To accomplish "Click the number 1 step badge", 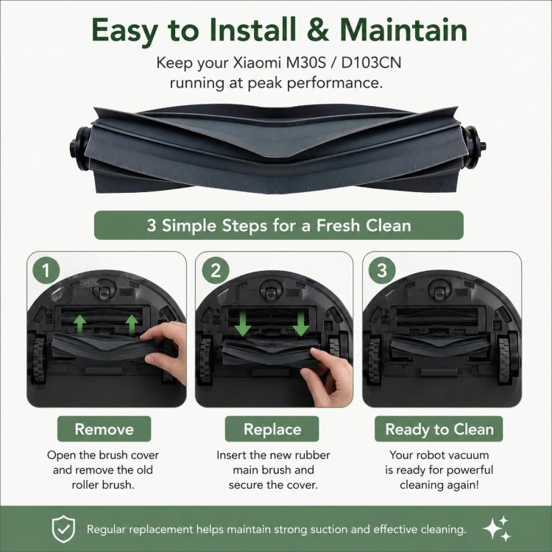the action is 46,270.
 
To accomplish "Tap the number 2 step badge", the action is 216,270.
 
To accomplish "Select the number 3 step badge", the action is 382,270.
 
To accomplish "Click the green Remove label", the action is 105,429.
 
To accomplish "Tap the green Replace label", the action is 272,429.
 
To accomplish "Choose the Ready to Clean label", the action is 439,429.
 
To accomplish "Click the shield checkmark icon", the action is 63,528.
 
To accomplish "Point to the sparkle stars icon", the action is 497,528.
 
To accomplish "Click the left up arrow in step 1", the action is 80,324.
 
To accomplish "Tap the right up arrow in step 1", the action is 132,325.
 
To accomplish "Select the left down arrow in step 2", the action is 243,324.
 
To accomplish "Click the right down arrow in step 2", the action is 300,324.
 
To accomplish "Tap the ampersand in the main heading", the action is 318,29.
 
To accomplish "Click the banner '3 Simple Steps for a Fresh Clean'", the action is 279,225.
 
